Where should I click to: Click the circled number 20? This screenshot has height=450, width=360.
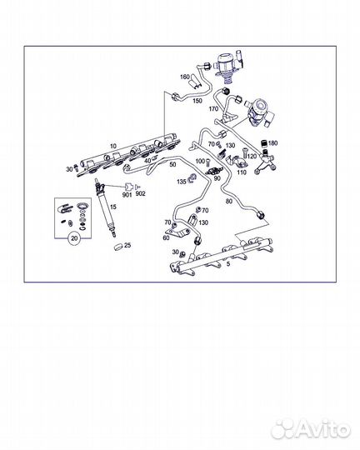click(x=74, y=238)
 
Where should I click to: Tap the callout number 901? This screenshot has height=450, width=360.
click(x=127, y=195)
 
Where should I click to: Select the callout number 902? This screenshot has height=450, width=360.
click(x=140, y=193)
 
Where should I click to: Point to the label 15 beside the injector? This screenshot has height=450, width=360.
click(x=113, y=207)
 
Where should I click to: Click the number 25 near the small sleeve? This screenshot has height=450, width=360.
click(x=127, y=245)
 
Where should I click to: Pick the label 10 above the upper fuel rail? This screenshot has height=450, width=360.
click(x=113, y=146)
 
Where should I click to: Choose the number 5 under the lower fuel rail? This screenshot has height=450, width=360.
click(x=228, y=264)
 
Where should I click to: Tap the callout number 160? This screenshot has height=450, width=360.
click(x=185, y=77)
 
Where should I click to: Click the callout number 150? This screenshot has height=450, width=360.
click(x=197, y=101)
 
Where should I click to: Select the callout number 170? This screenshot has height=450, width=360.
click(x=213, y=109)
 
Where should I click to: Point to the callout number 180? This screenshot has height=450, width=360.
click(x=273, y=143)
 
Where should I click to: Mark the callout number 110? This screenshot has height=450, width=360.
click(x=242, y=172)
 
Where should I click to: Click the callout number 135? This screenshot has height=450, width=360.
click(x=182, y=182)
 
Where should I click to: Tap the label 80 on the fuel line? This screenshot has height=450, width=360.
click(x=229, y=201)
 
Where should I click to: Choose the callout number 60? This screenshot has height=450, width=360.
click(x=166, y=237)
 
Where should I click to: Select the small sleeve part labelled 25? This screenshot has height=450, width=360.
click(x=117, y=247)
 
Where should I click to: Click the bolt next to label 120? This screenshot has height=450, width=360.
click(x=245, y=152)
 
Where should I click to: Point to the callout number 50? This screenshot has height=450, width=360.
click(x=172, y=164)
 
